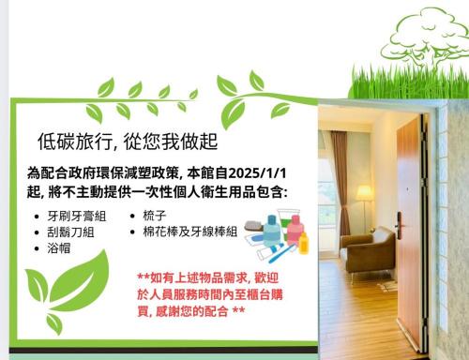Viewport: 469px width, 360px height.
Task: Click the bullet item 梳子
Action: pos(155,216)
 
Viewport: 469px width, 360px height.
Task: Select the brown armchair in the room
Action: pos(368,248)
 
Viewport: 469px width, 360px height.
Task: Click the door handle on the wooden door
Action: pos(401,225)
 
